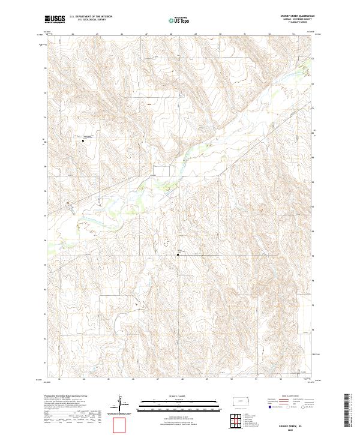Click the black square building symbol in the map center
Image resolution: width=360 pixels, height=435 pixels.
pyautogui.click(x=178, y=254)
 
